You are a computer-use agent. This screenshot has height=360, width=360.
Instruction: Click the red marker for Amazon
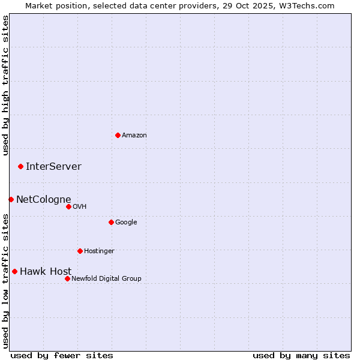coord(118,135)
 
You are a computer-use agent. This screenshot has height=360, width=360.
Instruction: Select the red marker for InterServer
coord(20,166)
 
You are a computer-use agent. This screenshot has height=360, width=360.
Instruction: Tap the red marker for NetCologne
coord(11,199)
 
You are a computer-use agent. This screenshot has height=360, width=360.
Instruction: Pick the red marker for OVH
coord(68,206)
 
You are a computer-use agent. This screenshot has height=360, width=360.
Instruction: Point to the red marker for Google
coord(111,222)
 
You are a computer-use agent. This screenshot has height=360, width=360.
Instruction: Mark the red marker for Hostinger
coord(80,251)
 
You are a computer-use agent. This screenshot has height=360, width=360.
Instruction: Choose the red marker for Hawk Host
coord(14,271)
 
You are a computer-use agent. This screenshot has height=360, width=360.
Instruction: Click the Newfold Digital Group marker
coord(67,278)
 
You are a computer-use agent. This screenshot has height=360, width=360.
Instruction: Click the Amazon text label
coord(134,136)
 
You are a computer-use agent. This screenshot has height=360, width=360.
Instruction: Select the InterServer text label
coord(53,167)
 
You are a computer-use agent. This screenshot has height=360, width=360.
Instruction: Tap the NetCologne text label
coord(43,200)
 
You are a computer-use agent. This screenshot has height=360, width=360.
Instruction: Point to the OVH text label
coord(80,207)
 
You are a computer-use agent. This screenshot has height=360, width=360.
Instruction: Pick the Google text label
coord(126,223)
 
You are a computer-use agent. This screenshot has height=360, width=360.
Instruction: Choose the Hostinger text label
coord(99,251)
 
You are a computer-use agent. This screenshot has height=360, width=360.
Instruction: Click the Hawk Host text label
coord(46,272)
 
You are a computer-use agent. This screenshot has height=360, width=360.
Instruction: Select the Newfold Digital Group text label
coord(106,279)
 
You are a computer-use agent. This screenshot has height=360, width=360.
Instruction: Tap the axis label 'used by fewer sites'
coord(62,355)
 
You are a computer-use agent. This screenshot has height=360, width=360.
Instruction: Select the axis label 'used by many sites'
coord(301,355)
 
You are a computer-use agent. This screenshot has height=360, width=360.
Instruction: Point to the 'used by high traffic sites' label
coord(5,85)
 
